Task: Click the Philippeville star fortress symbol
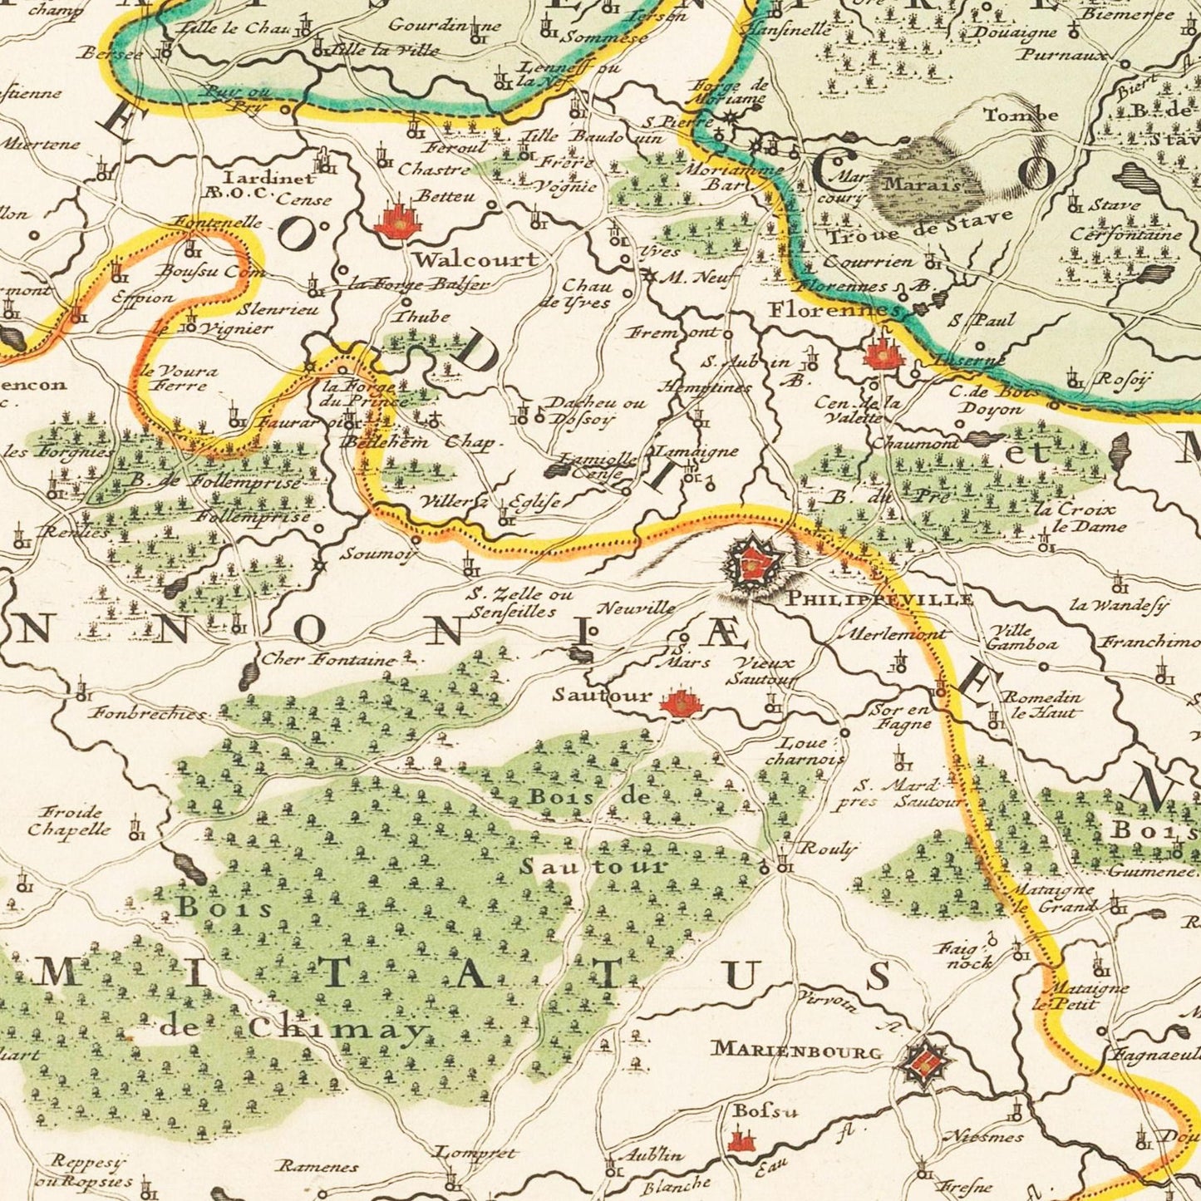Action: [x=752, y=565]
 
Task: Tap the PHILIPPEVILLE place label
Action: [x=879, y=598]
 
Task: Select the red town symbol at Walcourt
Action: [x=397, y=221]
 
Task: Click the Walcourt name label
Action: [x=476, y=259]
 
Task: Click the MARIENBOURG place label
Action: [x=795, y=1051]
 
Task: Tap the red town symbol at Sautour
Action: [x=682, y=705]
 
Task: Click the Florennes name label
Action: [x=834, y=310]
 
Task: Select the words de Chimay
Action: [x=291, y=1029]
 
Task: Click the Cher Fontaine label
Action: [x=328, y=661]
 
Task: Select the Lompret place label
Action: [x=476, y=1154]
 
